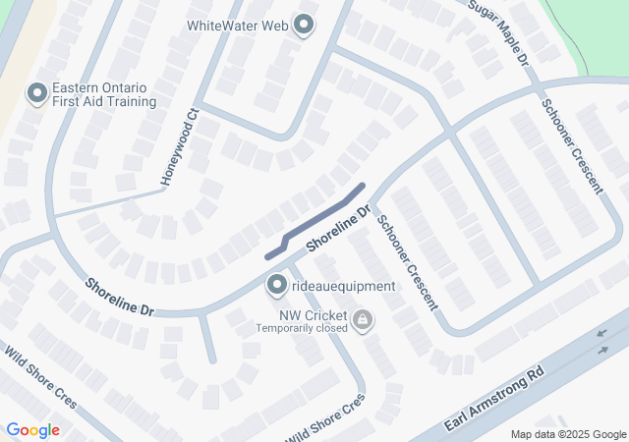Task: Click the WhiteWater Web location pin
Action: tap(303, 25)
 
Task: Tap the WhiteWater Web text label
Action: tap(240, 25)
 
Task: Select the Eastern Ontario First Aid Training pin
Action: tap(37, 93)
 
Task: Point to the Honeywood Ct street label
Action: tap(179, 148)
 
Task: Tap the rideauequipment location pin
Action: tap(276, 286)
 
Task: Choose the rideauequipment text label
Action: tap(344, 287)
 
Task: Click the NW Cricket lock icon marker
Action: tap(363, 319)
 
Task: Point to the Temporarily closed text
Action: tap(302, 328)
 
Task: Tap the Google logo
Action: tap(32, 430)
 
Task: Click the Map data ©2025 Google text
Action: tap(568, 434)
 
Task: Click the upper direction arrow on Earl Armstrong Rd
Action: tap(601, 335)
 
